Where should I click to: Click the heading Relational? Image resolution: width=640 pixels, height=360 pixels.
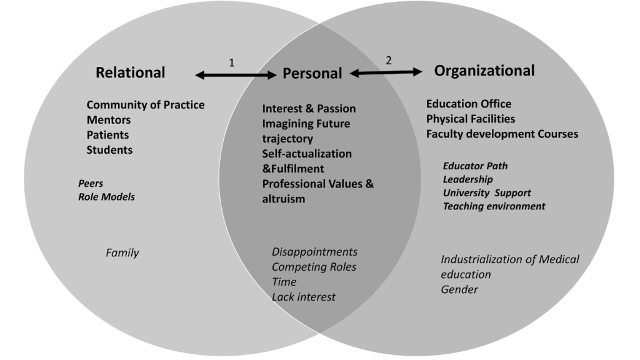point(130,72)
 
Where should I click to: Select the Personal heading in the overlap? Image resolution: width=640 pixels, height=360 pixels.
point(312,74)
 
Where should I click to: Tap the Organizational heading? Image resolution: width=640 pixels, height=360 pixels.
point(484,71)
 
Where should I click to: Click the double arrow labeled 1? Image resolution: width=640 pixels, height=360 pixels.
point(236,75)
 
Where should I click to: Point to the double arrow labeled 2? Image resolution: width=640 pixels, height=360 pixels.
point(386,72)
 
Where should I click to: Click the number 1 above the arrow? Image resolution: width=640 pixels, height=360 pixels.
point(232,63)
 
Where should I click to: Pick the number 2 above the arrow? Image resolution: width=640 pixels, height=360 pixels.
point(389,61)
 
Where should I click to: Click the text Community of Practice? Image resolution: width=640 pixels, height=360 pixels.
point(145,105)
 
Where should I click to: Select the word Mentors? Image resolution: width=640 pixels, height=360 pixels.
point(109,120)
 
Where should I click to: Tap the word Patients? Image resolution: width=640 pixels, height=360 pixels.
point(107,135)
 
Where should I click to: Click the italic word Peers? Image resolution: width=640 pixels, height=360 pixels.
point(91,183)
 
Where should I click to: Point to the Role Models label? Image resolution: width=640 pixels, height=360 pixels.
point(106,197)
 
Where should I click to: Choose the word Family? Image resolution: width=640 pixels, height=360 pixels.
point(122,253)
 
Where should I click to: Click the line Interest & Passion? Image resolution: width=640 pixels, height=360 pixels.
point(309,109)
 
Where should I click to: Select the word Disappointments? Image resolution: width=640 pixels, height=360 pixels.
point(315,252)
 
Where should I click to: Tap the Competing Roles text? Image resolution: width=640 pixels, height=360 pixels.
point(314,267)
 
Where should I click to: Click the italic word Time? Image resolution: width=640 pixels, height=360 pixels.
point(284,282)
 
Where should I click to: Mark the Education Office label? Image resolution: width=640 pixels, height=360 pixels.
point(469,104)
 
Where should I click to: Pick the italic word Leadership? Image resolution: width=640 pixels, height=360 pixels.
point(467,179)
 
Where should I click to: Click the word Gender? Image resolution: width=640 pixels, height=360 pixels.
point(459,289)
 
